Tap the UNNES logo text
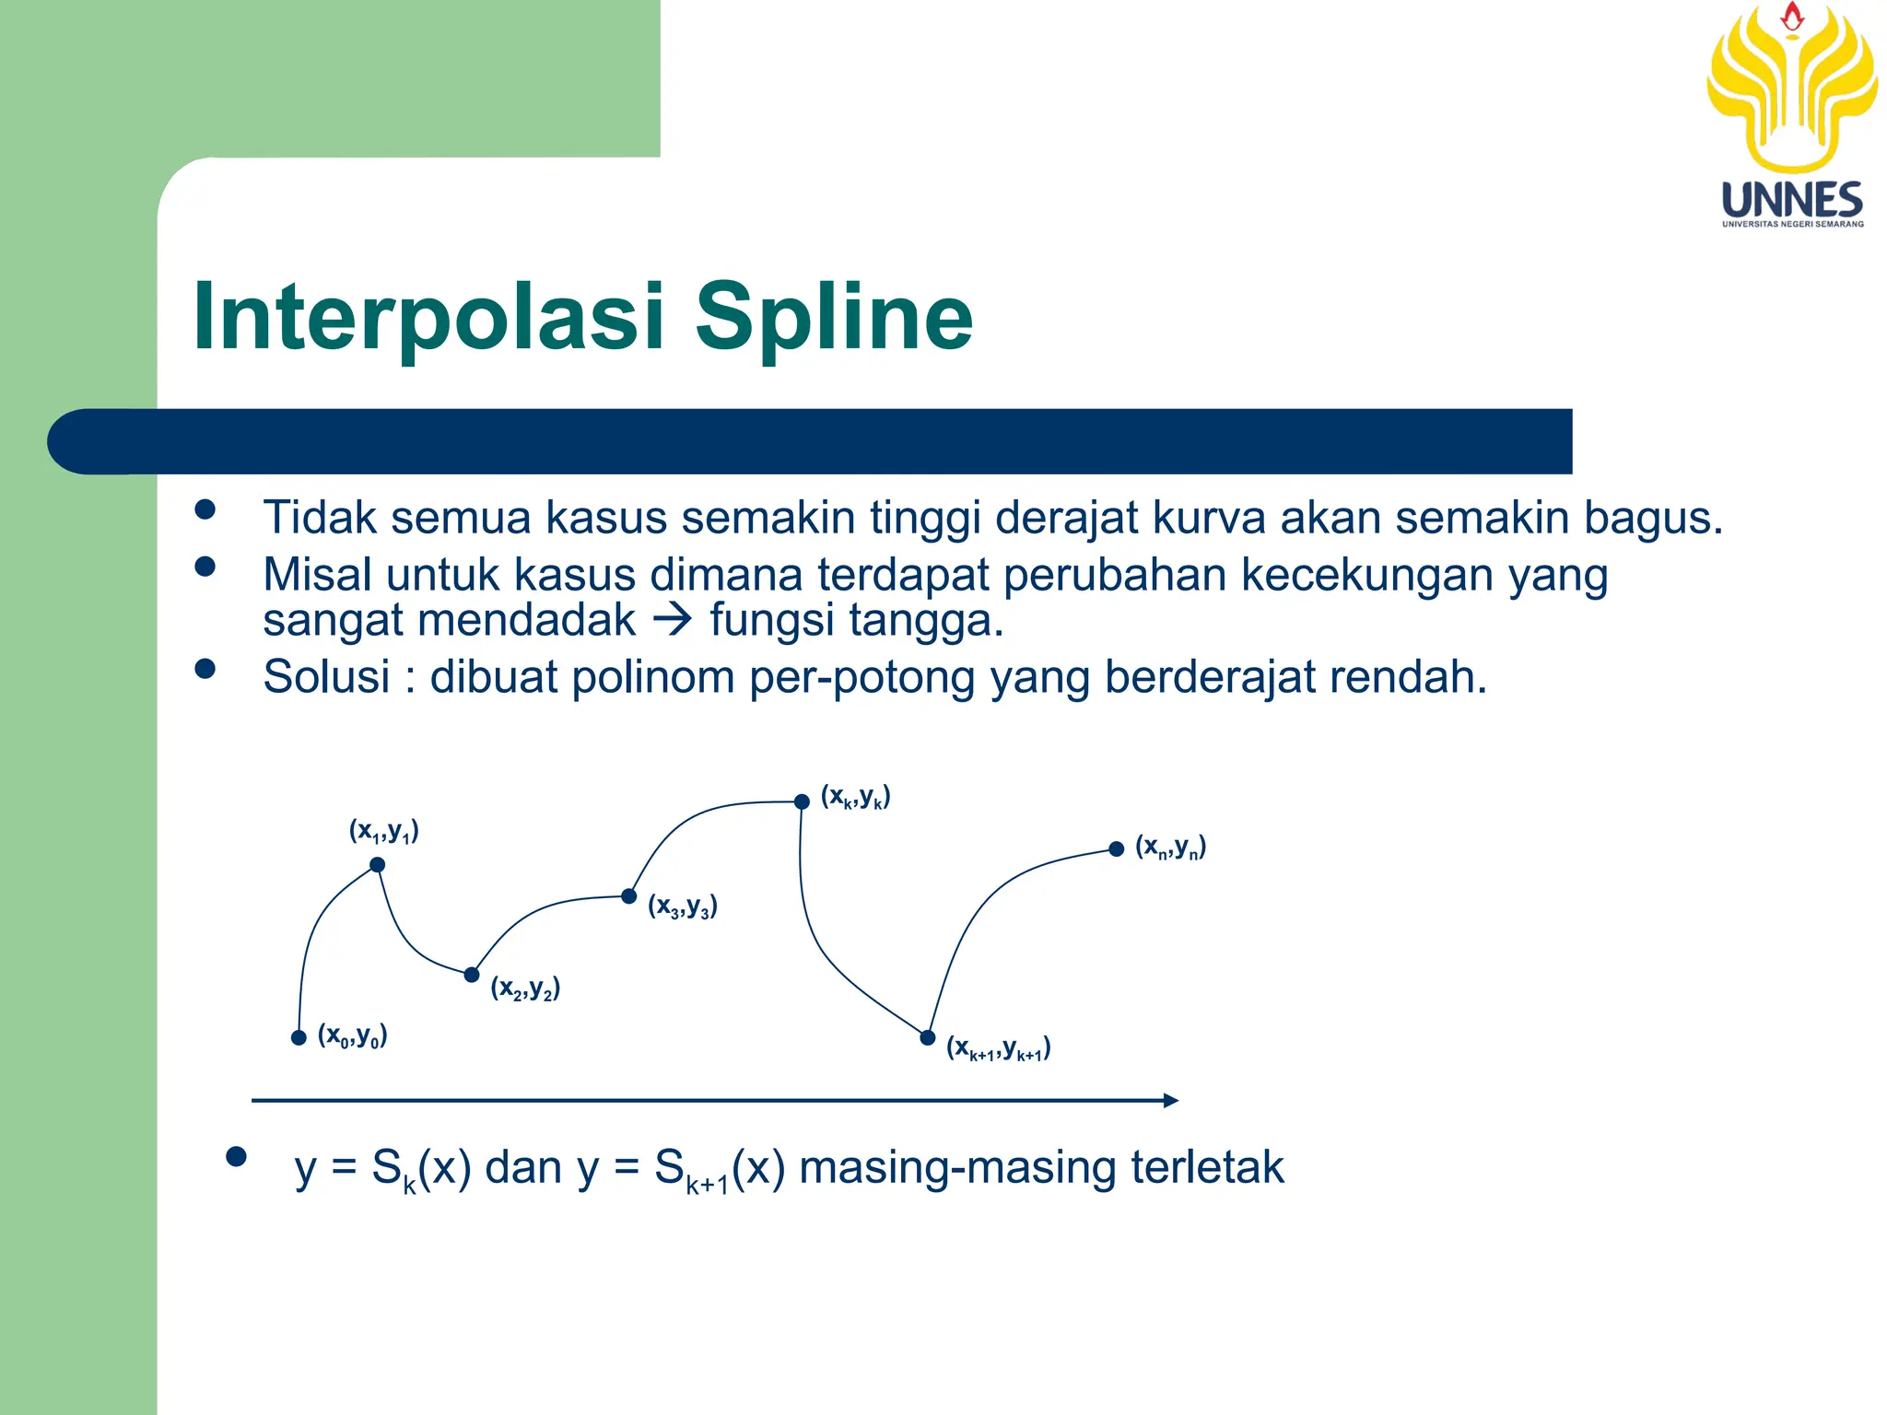pos(1792,200)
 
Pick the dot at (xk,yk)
pos(802,801)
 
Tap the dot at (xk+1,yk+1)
pos(928,1038)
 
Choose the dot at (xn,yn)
pos(1117,848)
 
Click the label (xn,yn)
pos(1171,846)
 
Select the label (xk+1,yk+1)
pos(999,1047)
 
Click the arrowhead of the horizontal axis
pos(1171,1100)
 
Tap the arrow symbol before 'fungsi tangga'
pos(672,620)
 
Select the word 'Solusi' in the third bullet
pos(327,677)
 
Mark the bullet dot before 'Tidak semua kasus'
pos(205,510)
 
